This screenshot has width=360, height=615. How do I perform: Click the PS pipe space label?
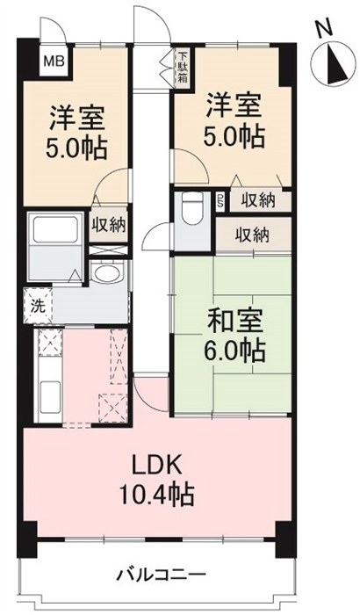pyautogui.click(x=220, y=202)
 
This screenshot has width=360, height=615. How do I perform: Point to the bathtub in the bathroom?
pyautogui.click(x=55, y=229)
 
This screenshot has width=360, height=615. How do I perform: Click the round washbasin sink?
pyautogui.click(x=107, y=272)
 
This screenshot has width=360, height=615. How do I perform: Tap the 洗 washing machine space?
pyautogui.click(x=38, y=307)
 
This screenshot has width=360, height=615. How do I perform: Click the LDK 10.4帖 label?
pyautogui.click(x=156, y=481)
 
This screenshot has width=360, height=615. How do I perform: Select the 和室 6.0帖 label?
pyautogui.click(x=235, y=335)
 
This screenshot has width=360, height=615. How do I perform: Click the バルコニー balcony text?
pyautogui.click(x=162, y=575)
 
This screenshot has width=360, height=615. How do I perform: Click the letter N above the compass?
pyautogui.click(x=324, y=29)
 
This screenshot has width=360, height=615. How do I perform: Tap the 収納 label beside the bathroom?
pyautogui.click(x=109, y=225)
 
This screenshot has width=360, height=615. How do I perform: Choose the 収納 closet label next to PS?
pyautogui.click(x=257, y=201)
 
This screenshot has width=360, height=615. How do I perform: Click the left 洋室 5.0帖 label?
pyautogui.click(x=76, y=133)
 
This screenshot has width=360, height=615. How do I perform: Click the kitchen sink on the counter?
pyautogui.click(x=49, y=396)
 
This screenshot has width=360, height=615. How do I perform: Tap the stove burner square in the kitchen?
pyautogui.click(x=49, y=343)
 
